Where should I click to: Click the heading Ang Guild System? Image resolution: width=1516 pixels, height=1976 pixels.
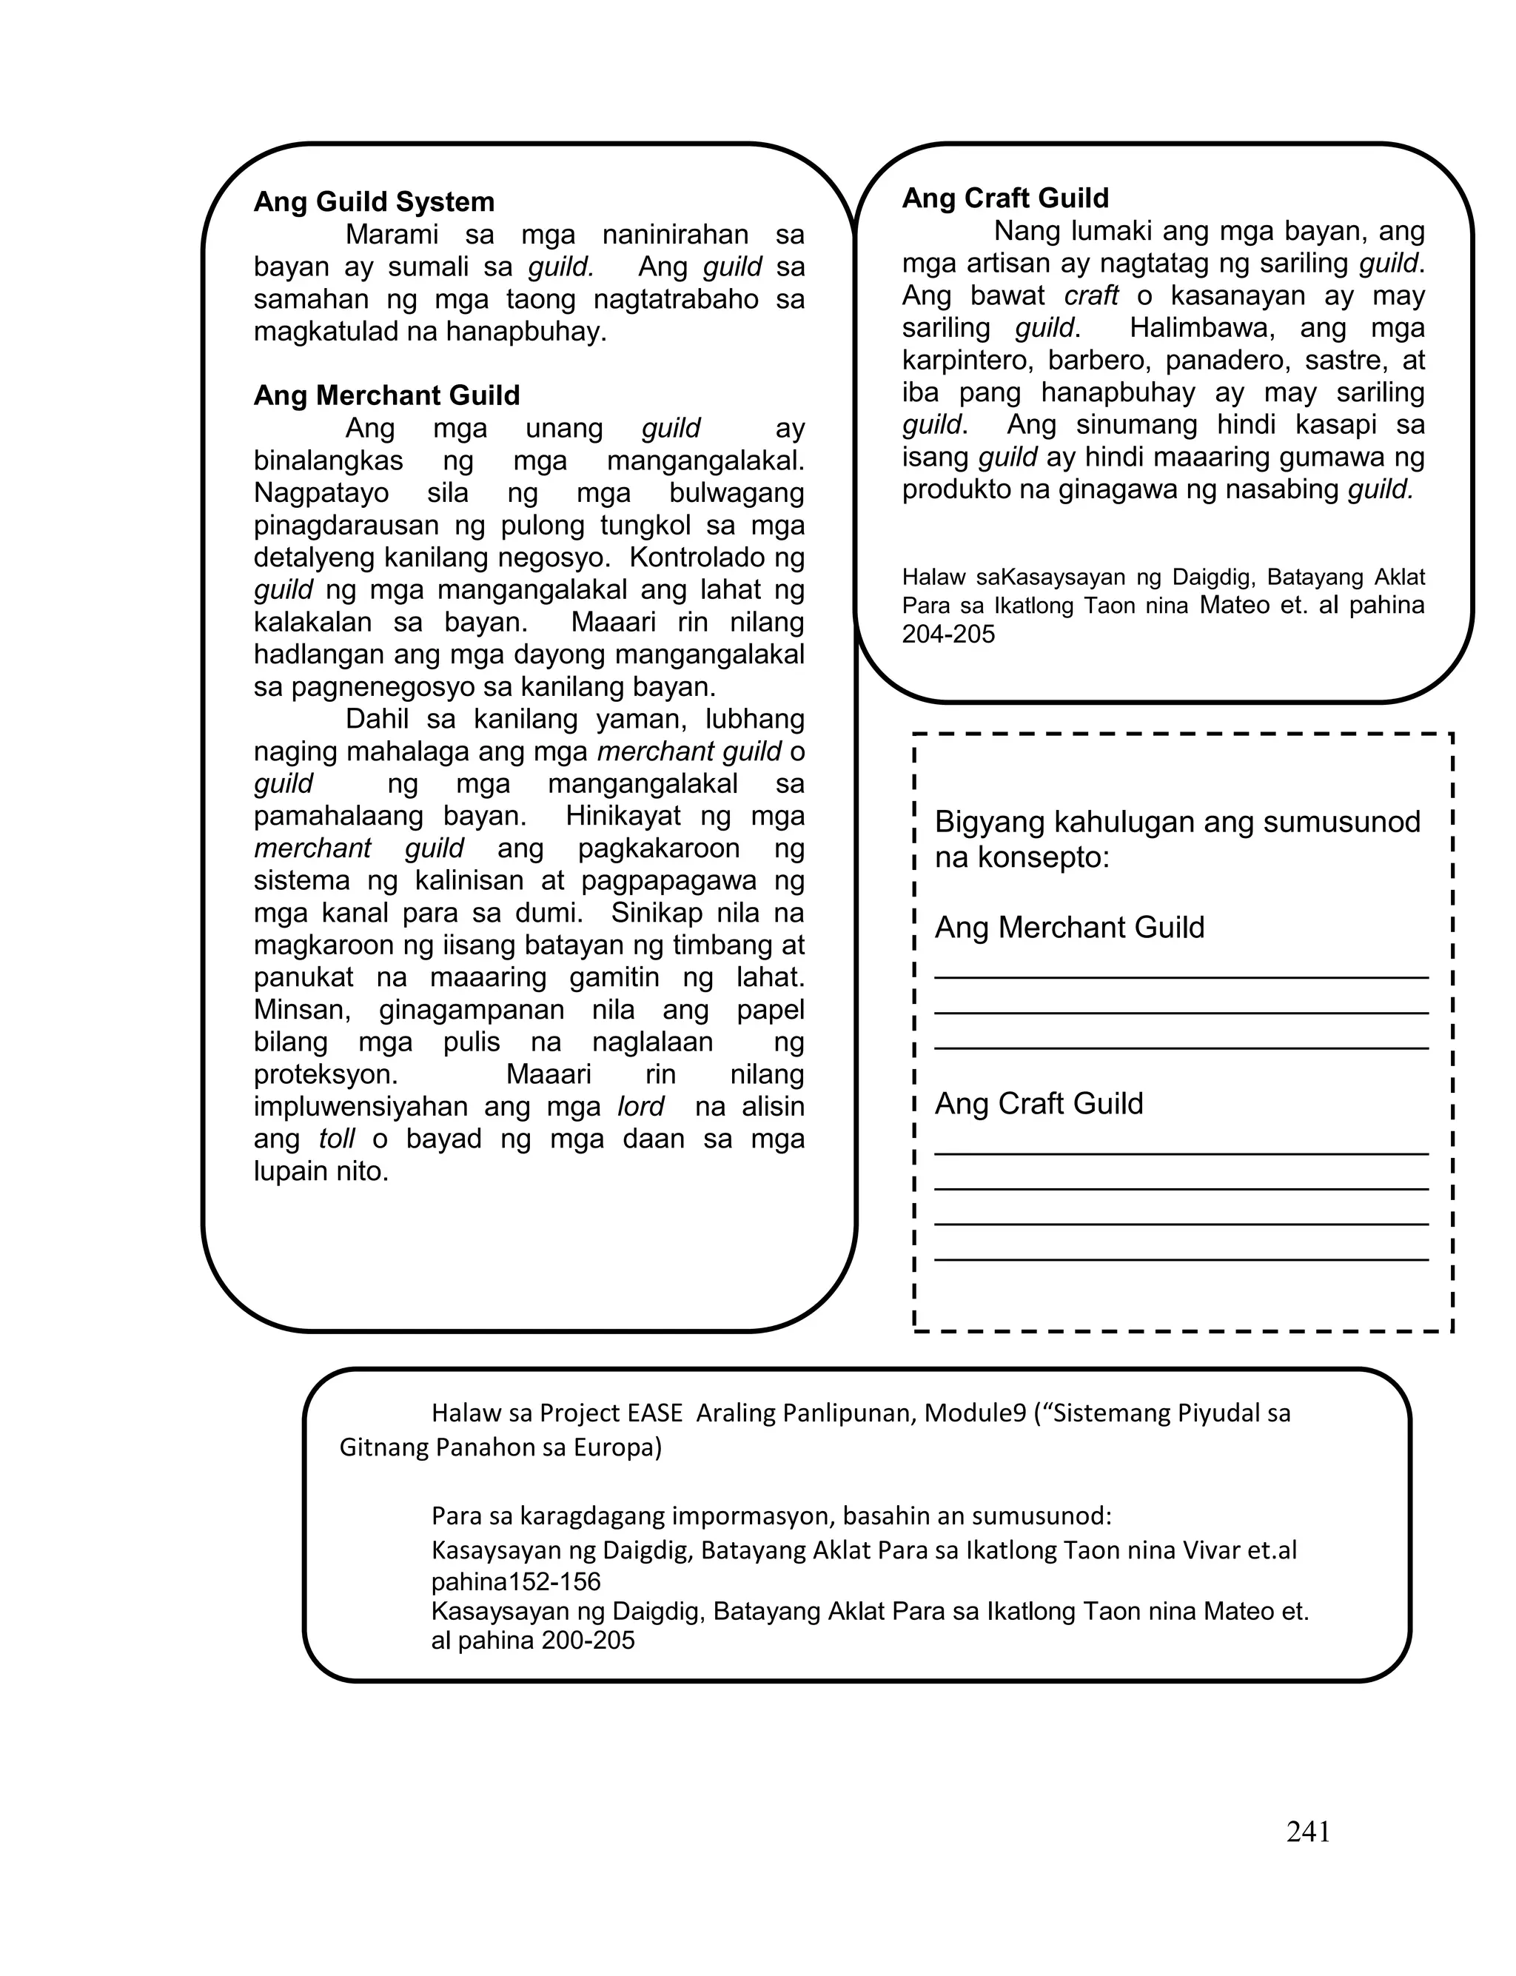(x=374, y=201)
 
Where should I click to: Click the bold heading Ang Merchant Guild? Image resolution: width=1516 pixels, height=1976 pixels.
(x=386, y=395)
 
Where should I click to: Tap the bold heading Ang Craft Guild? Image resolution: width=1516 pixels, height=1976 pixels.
(x=1005, y=198)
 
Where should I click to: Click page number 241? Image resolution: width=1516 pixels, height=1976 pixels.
(x=1307, y=1831)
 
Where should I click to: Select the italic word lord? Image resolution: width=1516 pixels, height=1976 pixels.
(x=641, y=1106)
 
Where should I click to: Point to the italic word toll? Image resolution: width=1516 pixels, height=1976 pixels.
(x=337, y=1139)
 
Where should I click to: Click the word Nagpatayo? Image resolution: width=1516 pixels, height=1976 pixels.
(x=321, y=492)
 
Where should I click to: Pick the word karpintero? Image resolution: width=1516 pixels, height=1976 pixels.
(x=967, y=360)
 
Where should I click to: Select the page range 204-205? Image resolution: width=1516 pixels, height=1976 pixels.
(x=948, y=634)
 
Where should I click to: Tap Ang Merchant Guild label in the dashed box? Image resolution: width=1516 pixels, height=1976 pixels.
(x=1070, y=928)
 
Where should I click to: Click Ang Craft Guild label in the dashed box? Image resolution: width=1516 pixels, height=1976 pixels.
(x=1039, y=1103)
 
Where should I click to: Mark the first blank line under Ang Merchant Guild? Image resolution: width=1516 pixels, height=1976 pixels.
(x=1181, y=977)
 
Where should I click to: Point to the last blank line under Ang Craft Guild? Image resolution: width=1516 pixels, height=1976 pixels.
(x=1181, y=1259)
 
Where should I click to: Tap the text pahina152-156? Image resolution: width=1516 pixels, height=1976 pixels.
(x=515, y=1581)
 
